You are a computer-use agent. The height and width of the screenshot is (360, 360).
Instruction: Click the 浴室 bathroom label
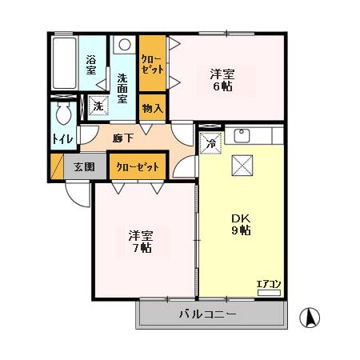(91, 65)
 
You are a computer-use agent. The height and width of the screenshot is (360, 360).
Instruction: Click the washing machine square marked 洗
(97, 106)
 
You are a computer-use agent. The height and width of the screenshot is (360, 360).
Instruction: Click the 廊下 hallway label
(122, 138)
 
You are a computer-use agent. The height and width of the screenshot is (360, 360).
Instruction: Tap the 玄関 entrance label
(83, 167)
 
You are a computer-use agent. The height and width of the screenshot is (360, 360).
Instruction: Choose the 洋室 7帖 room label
(142, 242)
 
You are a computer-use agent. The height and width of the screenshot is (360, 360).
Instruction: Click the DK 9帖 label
(240, 224)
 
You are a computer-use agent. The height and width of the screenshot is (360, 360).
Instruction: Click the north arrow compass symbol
(309, 317)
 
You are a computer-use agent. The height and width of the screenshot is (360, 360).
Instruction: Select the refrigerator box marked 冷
(210, 144)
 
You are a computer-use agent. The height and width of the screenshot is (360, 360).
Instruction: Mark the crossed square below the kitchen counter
(242, 165)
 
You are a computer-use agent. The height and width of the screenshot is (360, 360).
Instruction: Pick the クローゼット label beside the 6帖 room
(152, 65)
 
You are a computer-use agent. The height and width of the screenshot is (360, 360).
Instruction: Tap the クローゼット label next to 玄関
(137, 167)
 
